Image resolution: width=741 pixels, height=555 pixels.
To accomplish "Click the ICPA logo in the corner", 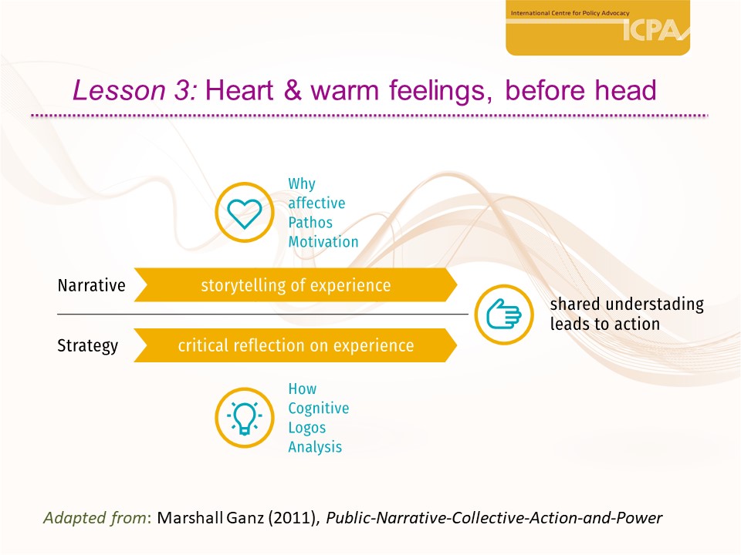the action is click(x=597, y=28).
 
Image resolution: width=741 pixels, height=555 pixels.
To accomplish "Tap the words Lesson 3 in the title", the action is click(x=134, y=89).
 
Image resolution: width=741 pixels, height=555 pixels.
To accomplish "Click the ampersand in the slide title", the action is click(x=293, y=89).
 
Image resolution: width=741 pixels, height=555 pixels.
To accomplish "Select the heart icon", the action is click(x=245, y=213).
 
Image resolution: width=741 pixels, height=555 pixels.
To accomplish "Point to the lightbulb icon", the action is click(x=245, y=418).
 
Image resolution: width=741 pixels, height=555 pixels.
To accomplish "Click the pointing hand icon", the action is click(x=504, y=314).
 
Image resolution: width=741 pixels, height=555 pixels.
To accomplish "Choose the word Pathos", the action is click(x=310, y=222).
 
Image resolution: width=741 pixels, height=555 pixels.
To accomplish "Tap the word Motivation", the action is click(x=323, y=241).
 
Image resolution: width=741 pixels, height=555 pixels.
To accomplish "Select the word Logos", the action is click(x=307, y=428).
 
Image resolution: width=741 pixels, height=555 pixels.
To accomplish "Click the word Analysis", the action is click(x=315, y=447).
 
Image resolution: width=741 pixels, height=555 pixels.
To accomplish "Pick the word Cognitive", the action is click(x=319, y=409).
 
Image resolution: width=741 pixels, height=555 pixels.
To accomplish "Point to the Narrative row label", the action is click(x=92, y=285).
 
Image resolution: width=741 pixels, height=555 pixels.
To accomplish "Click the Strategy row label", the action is click(x=87, y=346).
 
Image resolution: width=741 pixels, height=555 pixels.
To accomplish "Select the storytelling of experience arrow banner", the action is click(x=296, y=285).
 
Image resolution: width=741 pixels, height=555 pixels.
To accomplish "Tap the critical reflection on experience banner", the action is click(x=296, y=345).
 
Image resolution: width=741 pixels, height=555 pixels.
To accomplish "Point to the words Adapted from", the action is click(x=95, y=518).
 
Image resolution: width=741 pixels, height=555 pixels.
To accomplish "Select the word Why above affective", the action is click(x=302, y=183).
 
